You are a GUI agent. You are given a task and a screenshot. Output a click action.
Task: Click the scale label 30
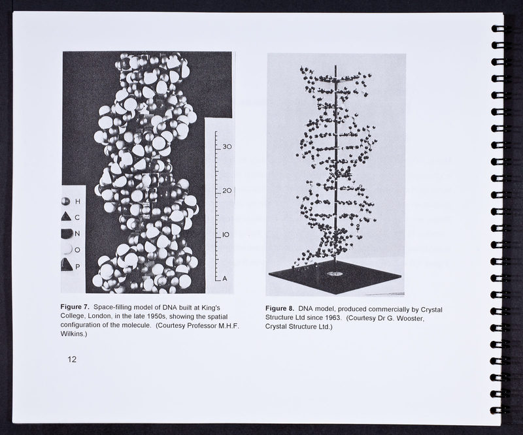pos(228,147)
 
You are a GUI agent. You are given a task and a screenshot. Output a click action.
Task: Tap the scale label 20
pos(227,191)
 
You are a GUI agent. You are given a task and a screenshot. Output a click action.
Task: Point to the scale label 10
pos(226,235)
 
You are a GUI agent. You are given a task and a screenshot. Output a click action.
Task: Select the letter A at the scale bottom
pos(225,278)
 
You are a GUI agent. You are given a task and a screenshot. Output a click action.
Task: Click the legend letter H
pos(78,201)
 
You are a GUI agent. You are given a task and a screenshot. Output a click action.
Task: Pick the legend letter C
pos(77,217)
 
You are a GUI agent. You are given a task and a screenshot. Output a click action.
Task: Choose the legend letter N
pos(77,234)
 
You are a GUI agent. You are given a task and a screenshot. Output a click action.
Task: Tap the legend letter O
pos(77,250)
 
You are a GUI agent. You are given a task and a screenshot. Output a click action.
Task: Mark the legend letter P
pos(78,266)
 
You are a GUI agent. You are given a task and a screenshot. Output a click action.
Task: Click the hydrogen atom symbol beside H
pos(66,201)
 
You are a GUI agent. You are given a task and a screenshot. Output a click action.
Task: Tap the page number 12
pos(72,359)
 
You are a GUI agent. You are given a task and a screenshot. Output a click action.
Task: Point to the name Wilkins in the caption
pos(73,334)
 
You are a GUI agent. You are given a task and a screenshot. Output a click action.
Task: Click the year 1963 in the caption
pos(331,317)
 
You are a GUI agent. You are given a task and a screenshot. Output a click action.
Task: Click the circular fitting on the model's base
pos(335,274)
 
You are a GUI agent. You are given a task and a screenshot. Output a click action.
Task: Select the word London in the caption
pos(99,316)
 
